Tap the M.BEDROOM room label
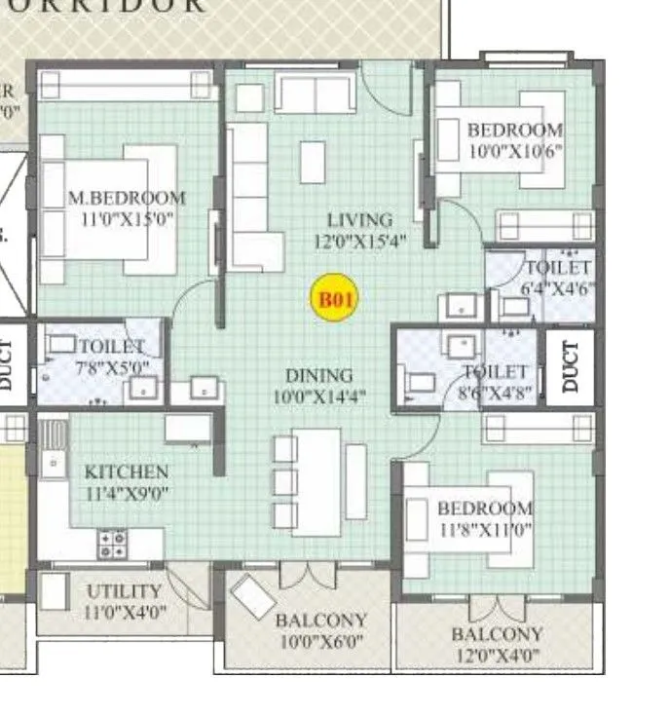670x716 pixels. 127,198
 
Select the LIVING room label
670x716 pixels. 359,220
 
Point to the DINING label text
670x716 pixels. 318,376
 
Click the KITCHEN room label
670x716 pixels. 127,472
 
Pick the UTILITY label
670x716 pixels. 124,591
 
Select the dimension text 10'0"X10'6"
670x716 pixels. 516,150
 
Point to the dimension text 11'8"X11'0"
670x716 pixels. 485,530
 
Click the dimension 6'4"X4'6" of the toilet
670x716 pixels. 558,288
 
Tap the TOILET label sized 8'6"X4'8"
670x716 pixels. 496,372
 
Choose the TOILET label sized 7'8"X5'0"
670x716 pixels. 111,347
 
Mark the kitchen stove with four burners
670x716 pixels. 112,544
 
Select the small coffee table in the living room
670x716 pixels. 313,162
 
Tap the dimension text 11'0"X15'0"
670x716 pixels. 127,219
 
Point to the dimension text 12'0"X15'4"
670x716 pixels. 359,241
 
